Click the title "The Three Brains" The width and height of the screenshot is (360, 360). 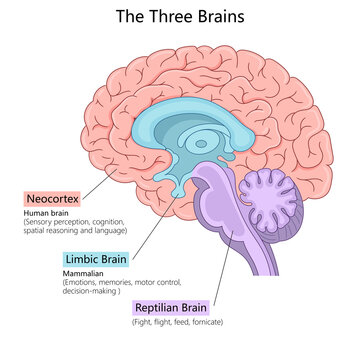point(179,17)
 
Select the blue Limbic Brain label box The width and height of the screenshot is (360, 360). point(96,260)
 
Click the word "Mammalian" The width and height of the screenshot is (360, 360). point(86,272)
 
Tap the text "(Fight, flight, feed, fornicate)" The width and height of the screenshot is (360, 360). point(177,321)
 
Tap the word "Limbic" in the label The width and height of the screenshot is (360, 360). point(82,260)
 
